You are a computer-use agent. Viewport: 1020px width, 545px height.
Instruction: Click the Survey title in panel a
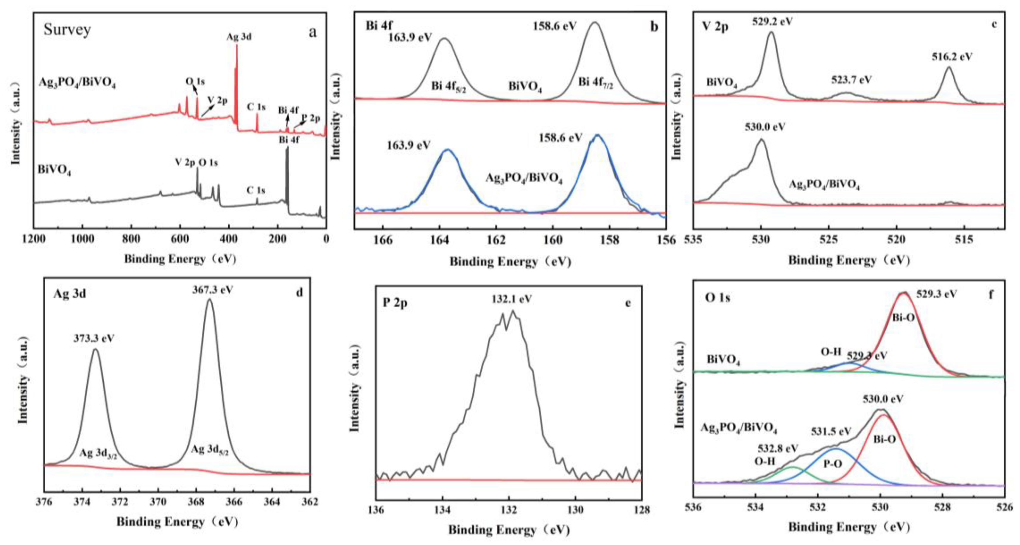tap(67, 30)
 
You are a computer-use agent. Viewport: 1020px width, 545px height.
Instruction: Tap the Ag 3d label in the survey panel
tap(239, 37)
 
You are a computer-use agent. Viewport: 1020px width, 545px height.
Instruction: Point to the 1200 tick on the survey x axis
tap(34, 239)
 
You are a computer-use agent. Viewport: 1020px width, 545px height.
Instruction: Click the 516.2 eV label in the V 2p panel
tap(952, 57)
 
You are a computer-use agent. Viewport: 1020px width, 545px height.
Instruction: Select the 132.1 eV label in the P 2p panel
tap(512, 299)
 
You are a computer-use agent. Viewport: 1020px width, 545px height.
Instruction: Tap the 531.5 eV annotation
tap(831, 431)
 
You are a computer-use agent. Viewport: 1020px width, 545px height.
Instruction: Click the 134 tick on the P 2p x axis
tap(442, 510)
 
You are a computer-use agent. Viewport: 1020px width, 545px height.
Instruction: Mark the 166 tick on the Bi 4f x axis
tap(383, 240)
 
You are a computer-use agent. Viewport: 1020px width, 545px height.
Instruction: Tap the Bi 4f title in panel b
tap(379, 26)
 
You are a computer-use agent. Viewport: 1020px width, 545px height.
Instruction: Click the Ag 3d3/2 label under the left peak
tap(98, 454)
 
